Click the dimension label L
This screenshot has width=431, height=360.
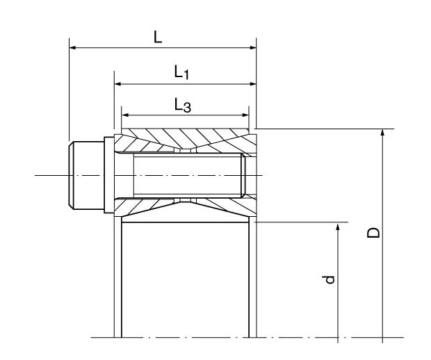pos(158,37)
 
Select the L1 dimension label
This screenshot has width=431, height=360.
pos(181,72)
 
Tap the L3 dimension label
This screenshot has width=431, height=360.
pos(182,105)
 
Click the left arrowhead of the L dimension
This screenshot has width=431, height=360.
pos(73,48)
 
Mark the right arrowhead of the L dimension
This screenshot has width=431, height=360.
pos(252,48)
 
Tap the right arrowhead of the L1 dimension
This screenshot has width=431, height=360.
pos(252,83)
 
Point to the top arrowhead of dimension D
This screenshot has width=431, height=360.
pos(382,133)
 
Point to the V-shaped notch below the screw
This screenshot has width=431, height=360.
pos(185,206)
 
